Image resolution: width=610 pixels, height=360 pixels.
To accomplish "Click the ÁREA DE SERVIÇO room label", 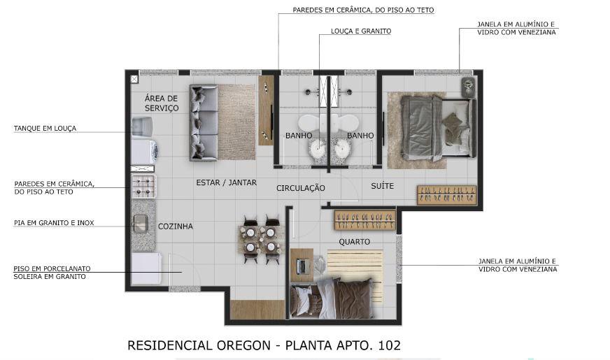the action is (x=162, y=103).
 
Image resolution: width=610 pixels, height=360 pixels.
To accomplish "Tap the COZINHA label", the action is (x=176, y=226).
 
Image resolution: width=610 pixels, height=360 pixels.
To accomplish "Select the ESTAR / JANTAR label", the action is (x=227, y=182).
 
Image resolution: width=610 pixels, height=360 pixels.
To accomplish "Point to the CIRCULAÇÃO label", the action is (x=301, y=188).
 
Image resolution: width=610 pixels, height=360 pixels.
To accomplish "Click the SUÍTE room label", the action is (x=383, y=186).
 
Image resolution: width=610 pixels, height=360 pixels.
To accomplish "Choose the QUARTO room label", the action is (x=355, y=242).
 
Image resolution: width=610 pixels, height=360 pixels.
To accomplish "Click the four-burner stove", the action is (x=143, y=186).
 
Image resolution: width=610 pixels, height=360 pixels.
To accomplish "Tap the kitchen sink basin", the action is (x=140, y=223).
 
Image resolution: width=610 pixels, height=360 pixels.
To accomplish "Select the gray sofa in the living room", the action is (x=204, y=122).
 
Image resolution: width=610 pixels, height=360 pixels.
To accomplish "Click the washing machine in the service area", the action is (x=144, y=151).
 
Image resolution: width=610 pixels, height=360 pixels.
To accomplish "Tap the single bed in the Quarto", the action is (x=332, y=298).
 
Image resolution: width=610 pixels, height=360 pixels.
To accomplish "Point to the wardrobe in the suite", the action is (x=447, y=195).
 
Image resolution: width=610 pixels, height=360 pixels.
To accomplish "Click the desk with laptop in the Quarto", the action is (x=302, y=265).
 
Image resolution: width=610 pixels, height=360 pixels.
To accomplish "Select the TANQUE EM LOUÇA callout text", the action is (x=45, y=129).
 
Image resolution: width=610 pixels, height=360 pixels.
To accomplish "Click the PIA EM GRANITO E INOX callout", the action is (x=54, y=223).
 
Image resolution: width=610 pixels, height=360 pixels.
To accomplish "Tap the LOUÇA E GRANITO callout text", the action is (x=361, y=31).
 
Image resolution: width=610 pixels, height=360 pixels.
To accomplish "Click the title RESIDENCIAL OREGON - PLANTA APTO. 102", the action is (x=264, y=345).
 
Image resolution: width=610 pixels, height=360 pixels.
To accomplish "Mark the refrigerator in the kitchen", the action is (x=146, y=268).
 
